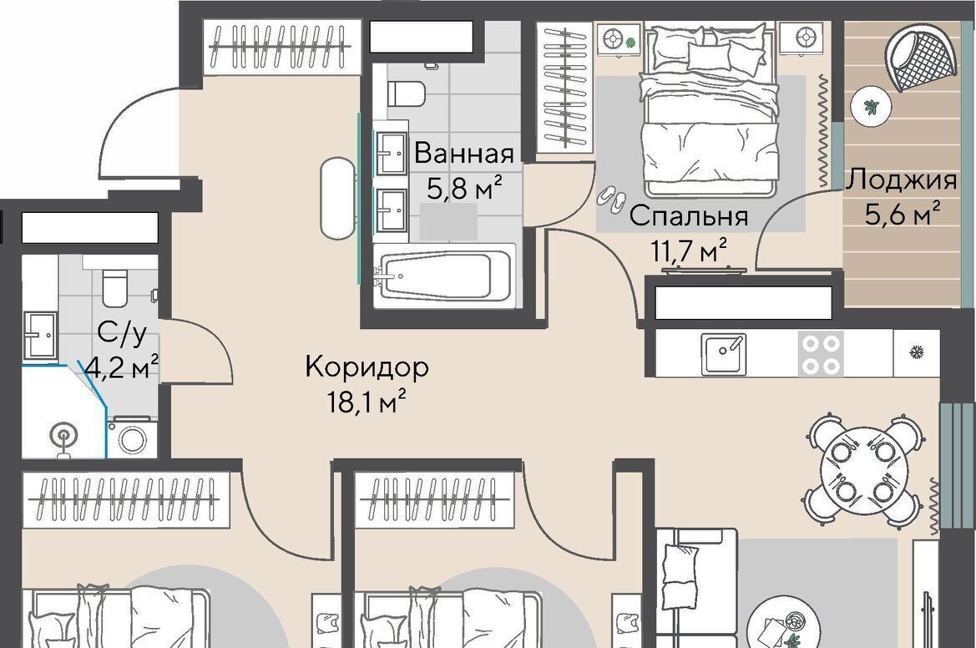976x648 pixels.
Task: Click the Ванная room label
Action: point(463,153)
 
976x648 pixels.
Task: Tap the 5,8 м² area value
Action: point(463,187)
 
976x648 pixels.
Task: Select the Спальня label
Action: point(688,216)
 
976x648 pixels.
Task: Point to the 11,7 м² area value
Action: point(689,251)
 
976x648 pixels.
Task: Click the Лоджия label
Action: point(901,180)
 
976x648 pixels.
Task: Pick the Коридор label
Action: point(367,367)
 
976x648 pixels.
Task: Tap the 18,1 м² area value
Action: point(367,402)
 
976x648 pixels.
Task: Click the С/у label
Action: point(122,334)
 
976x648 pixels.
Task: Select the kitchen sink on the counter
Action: point(724,354)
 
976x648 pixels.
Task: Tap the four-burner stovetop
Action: point(821,354)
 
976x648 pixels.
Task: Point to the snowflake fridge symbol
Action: point(916,353)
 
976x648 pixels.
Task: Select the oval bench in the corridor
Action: point(336,199)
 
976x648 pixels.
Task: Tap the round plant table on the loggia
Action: point(872,107)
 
